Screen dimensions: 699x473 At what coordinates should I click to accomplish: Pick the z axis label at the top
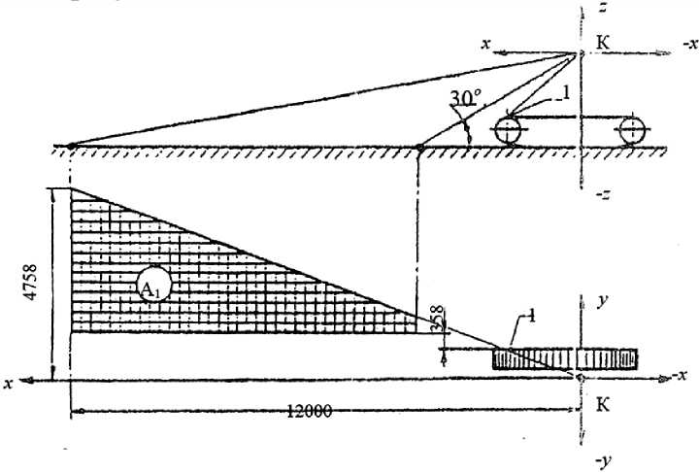click(x=603, y=10)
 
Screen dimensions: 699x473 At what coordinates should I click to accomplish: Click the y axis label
click(x=602, y=302)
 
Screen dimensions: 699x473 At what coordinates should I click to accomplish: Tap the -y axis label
click(x=601, y=453)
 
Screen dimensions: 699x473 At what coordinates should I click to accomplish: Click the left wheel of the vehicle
click(x=510, y=130)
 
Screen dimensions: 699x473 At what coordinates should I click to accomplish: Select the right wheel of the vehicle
click(x=632, y=129)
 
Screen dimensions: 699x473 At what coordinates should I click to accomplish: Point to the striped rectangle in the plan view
click(x=564, y=358)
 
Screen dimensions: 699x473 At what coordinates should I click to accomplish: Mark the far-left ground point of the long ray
click(x=71, y=147)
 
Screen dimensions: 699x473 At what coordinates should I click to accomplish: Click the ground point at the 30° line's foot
click(x=418, y=148)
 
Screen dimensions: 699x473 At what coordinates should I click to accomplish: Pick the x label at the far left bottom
click(x=9, y=383)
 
